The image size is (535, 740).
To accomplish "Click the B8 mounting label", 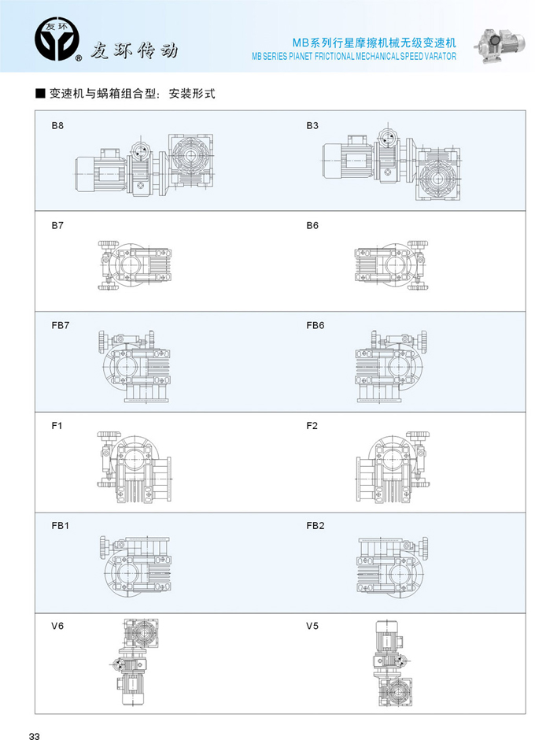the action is [57, 125].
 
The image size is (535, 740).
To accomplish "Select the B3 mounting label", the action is [312, 125].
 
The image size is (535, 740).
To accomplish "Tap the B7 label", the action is [57, 226].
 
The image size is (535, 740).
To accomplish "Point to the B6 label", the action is [312, 226].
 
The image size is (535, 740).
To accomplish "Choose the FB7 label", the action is [61, 326].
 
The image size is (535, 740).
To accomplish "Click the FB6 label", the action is [315, 326].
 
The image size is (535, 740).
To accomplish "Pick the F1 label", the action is [57, 426].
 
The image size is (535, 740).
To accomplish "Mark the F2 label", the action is [312, 426].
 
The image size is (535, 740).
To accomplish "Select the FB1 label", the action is [60, 526].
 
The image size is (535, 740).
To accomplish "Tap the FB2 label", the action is [315, 526].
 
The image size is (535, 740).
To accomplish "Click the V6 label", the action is [57, 627].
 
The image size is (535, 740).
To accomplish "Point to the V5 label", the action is [312, 627].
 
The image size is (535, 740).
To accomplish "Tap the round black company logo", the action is [57, 39].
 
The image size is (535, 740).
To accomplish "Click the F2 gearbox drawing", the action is [393, 467].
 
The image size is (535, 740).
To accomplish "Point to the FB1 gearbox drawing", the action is [135, 566].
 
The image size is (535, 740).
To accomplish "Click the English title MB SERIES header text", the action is [354, 56].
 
